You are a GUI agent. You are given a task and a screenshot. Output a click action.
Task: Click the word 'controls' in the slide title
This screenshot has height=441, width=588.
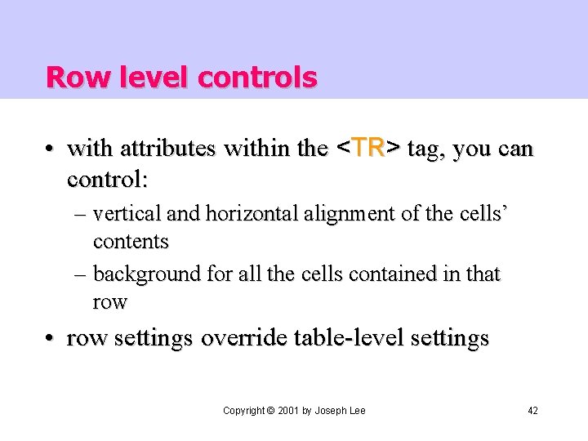click(x=257, y=78)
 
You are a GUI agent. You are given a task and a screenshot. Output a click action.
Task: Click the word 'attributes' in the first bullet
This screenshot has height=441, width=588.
click(x=168, y=149)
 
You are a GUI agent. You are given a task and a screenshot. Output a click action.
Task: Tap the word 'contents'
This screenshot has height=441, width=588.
click(x=131, y=242)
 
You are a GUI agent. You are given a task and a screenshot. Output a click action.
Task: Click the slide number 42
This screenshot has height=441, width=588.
click(x=532, y=410)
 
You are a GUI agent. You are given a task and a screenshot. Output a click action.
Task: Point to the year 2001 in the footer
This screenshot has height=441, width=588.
click(x=288, y=410)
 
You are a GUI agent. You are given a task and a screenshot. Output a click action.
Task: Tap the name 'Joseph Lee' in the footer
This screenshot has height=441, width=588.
click(x=341, y=410)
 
